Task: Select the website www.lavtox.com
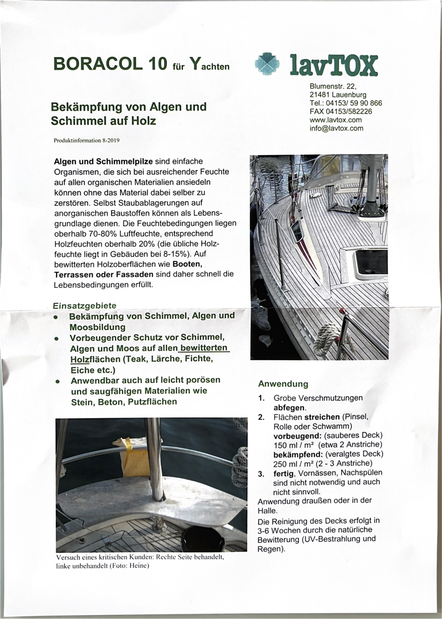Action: (x=335, y=120)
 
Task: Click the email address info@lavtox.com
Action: (x=336, y=128)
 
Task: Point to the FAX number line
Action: (x=340, y=111)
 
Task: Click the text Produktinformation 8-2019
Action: (x=87, y=141)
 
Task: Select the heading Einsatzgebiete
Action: (x=85, y=306)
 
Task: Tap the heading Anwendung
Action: (x=283, y=384)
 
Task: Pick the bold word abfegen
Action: (x=289, y=407)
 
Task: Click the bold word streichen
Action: (x=322, y=417)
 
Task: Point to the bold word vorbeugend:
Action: (x=297, y=435)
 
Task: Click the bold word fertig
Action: (x=284, y=473)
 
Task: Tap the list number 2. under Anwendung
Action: (x=261, y=417)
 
